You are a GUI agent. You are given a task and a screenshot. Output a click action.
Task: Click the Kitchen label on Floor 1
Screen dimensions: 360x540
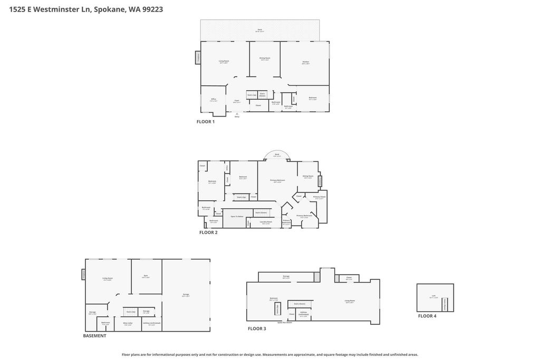click(305, 63)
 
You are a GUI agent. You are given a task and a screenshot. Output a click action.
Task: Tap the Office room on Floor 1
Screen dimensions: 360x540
click(214, 100)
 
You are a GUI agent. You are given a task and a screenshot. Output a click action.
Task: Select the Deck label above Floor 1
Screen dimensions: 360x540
click(259, 30)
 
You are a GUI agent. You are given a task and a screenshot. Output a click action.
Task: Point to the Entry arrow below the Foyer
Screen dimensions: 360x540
click(237, 114)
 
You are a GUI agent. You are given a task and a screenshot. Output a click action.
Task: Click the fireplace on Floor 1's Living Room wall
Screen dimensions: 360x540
click(198, 57)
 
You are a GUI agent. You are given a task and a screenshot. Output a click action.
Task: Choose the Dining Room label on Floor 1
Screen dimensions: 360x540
click(265, 59)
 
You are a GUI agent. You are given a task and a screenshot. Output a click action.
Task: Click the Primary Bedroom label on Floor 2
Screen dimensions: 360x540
click(277, 181)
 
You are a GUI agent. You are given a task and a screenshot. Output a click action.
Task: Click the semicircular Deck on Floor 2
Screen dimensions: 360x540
click(277, 155)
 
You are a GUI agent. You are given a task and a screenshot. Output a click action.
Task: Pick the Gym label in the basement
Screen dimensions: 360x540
click(145, 276)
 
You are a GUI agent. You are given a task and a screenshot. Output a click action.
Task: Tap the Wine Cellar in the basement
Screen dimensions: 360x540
click(128, 324)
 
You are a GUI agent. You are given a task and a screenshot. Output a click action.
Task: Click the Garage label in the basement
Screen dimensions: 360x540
click(186, 295)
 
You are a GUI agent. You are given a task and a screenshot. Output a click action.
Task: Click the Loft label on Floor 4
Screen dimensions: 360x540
click(433, 296)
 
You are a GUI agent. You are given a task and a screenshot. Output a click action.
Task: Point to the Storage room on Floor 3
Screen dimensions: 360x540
click(286, 277)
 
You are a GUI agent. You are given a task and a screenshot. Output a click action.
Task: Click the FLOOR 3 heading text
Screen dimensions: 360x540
click(257, 329)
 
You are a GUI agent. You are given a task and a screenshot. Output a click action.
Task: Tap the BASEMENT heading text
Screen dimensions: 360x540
click(94, 336)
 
